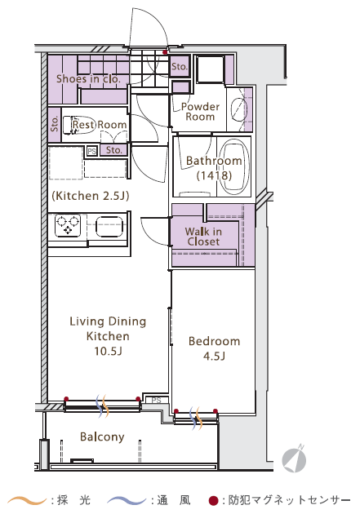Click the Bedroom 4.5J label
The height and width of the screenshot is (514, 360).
point(214,348)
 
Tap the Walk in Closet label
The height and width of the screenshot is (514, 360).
point(203,237)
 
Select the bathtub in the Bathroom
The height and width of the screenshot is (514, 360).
point(234,166)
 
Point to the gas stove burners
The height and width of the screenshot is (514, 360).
point(68,225)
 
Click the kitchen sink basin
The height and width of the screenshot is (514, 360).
point(109,226)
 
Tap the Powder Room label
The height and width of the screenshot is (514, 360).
point(200,112)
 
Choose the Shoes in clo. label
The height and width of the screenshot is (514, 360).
point(88,78)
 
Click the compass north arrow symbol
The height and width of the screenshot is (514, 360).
point(295,459)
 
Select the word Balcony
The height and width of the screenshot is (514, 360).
point(102,437)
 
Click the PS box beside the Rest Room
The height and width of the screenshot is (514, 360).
point(91,151)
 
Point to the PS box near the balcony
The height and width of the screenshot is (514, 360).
point(157,401)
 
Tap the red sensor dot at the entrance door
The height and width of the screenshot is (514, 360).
point(165,52)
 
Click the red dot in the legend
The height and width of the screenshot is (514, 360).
point(213,501)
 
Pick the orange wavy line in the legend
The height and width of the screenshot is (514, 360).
point(27,501)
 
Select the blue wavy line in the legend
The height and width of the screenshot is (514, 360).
point(127,501)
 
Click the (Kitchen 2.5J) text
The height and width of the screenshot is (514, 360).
point(91,196)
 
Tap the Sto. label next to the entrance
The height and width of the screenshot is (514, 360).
point(180,67)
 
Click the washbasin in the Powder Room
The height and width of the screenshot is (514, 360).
point(238,109)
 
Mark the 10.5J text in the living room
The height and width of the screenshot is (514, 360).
point(109,351)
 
